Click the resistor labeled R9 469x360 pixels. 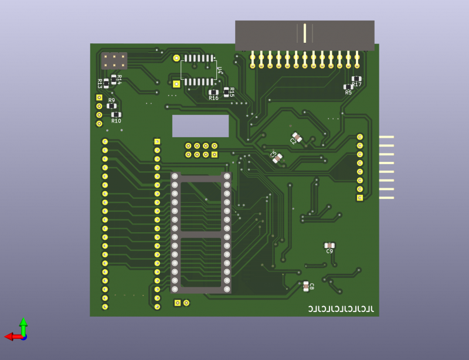[x=111, y=106]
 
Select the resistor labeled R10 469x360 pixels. [x=116, y=114]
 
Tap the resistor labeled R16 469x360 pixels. [x=214, y=92]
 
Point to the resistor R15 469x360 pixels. [x=226, y=91]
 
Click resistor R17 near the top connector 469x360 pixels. [x=356, y=79]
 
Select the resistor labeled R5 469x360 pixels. [x=348, y=87]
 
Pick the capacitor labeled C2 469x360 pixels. [x=297, y=138]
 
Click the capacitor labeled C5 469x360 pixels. [x=277, y=157]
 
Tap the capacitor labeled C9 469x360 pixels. [x=329, y=245]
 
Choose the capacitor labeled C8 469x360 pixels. [x=305, y=286]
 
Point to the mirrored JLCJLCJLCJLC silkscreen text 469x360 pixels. [x=341, y=308]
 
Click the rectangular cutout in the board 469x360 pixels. [x=200, y=125]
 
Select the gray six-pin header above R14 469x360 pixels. [x=114, y=60]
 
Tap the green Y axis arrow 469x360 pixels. [x=23, y=325]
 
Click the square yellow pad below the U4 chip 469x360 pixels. [x=176, y=84]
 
